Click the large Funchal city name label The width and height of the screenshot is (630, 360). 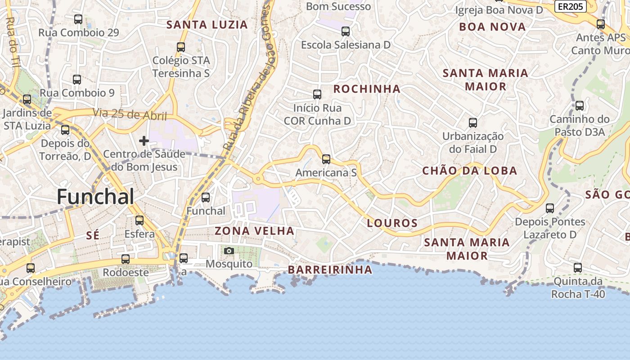[95, 197]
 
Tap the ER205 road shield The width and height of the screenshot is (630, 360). [570, 6]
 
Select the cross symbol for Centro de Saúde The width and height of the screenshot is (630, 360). [144, 141]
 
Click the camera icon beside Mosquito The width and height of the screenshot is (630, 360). [229, 251]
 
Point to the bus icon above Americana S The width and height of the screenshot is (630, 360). [326, 159]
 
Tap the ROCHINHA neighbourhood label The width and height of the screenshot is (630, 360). [367, 89]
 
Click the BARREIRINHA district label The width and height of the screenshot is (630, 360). [330, 270]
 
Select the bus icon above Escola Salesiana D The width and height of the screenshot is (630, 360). [346, 31]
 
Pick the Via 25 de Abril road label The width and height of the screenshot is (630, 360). [130, 115]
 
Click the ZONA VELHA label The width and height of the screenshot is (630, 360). [254, 231]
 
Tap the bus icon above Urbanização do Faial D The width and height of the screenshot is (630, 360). [473, 122]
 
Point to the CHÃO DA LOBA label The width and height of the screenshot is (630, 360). [469, 171]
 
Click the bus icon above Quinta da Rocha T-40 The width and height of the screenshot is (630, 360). [578, 268]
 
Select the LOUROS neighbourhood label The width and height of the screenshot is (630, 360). [392, 223]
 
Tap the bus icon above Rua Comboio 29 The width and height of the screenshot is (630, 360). [78, 19]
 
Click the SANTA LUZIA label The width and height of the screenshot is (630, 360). [207, 25]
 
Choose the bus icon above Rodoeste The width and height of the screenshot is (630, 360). [126, 259]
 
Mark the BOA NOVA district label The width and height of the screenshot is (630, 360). [492, 27]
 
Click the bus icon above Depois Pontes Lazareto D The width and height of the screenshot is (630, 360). [550, 208]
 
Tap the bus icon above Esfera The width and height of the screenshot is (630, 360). [139, 220]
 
